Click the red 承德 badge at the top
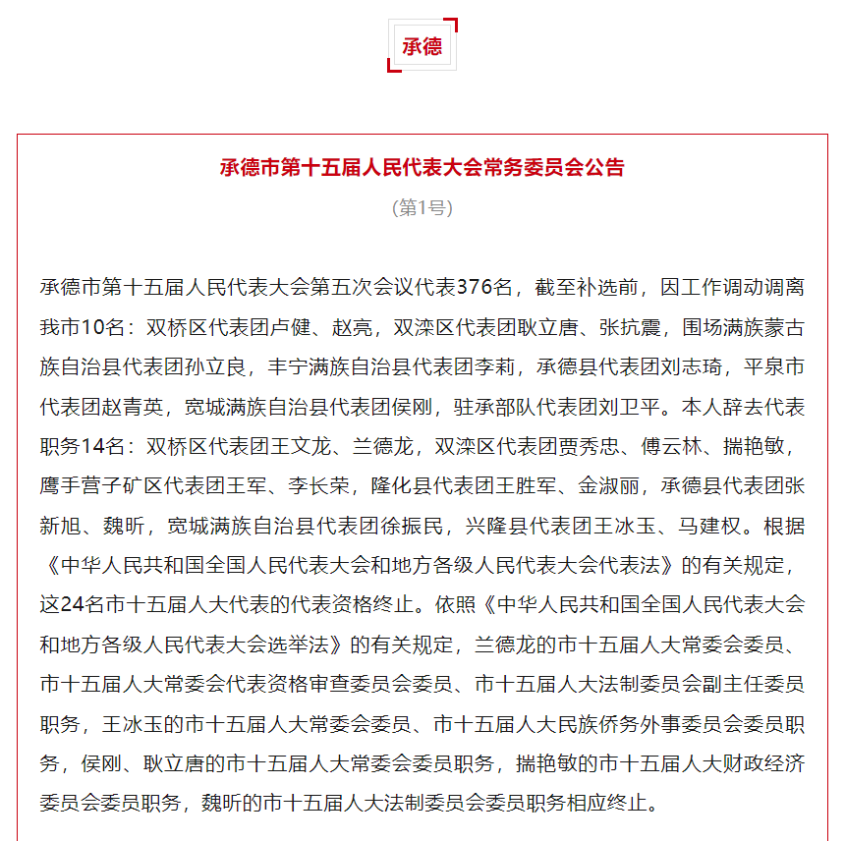click(x=422, y=46)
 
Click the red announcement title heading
click(x=422, y=167)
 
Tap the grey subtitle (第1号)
click(x=422, y=208)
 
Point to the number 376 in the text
click(x=475, y=288)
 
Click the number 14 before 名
click(x=93, y=445)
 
